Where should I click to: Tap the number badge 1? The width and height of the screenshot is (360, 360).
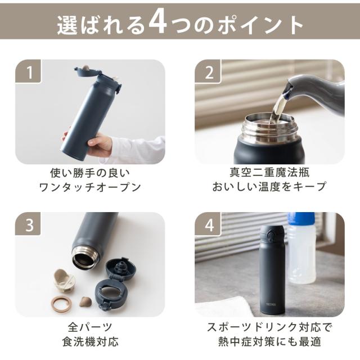tap(28, 71)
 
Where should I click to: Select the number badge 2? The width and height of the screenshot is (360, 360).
tap(208, 71)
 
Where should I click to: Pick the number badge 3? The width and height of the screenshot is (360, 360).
tap(28, 224)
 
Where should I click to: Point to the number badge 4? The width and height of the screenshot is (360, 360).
tap(208, 224)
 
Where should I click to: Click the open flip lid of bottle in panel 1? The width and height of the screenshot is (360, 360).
tap(87, 71)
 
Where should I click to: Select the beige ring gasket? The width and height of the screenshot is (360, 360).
tap(61, 304)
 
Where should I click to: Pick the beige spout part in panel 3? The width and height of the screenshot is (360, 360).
tap(64, 280)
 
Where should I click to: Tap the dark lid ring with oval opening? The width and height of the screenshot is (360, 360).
tap(112, 292)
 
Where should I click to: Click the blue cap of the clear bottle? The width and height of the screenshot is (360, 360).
tap(301, 219)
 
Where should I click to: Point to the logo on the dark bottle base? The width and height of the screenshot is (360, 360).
tap(271, 304)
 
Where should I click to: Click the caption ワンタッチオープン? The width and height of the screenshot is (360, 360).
tap(90, 187)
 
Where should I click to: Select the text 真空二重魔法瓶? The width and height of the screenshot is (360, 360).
tap(269, 172)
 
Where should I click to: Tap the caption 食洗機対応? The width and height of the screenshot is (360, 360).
tap(90, 341)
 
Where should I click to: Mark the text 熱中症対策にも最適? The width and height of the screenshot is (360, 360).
tap(269, 341)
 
